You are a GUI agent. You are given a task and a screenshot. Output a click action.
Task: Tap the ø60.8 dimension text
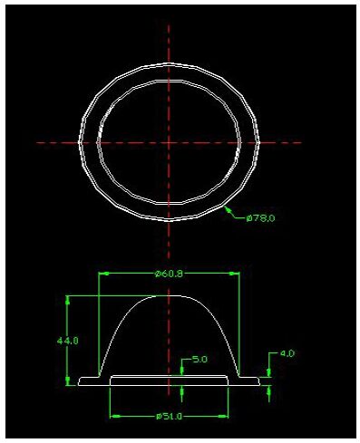coord(170,272)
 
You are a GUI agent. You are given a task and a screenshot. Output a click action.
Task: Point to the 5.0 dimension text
coord(199,359)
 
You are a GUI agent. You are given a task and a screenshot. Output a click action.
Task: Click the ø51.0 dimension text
coord(170,417)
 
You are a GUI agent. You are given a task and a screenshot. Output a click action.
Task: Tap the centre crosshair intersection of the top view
coord(169,142)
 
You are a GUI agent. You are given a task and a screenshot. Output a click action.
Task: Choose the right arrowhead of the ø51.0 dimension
coord(226,417)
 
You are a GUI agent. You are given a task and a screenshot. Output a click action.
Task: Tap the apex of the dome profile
coord(170,295)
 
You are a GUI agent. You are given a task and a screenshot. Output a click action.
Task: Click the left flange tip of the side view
coord(80,382)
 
